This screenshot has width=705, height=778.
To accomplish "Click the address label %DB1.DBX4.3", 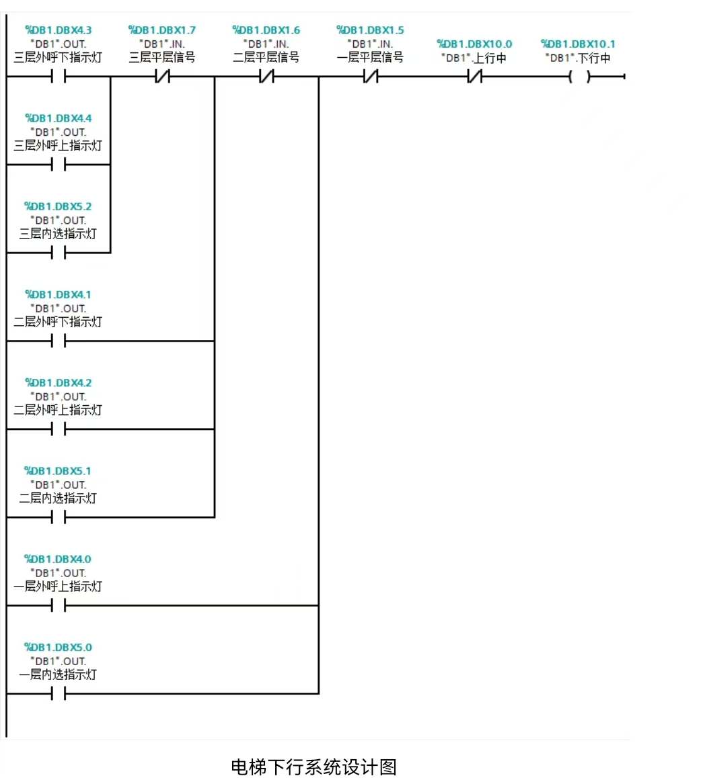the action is click(58, 30).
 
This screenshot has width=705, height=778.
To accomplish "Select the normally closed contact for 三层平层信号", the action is click(163, 77).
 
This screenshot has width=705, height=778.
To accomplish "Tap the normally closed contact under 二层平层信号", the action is click(267, 77).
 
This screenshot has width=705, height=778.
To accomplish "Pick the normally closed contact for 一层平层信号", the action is click(371, 77).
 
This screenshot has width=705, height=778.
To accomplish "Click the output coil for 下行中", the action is click(579, 77).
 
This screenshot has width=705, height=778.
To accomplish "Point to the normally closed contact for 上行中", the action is click(475, 77).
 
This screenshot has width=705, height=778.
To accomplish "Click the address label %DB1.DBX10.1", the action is click(578, 44).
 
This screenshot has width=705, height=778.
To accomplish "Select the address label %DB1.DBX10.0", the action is click(474, 44).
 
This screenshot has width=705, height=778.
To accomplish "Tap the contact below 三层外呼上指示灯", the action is click(59, 165).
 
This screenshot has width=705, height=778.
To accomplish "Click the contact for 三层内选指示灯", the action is click(59, 253).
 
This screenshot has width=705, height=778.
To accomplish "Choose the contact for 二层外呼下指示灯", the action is click(59, 341).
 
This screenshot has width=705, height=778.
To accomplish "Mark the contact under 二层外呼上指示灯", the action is click(59, 429).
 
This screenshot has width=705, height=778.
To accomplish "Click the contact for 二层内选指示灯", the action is click(59, 517).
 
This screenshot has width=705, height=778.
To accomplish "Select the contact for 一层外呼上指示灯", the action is click(59, 605).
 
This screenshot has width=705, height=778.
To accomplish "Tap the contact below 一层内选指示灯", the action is click(59, 693).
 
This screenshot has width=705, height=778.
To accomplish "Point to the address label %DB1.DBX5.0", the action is click(58, 648).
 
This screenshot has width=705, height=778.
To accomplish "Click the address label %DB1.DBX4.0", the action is click(58, 559).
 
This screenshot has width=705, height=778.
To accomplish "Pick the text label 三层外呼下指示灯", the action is click(58, 58).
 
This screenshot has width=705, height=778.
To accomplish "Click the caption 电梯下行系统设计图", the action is click(314, 767).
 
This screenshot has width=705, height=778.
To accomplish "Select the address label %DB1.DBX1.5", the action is click(370, 30).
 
